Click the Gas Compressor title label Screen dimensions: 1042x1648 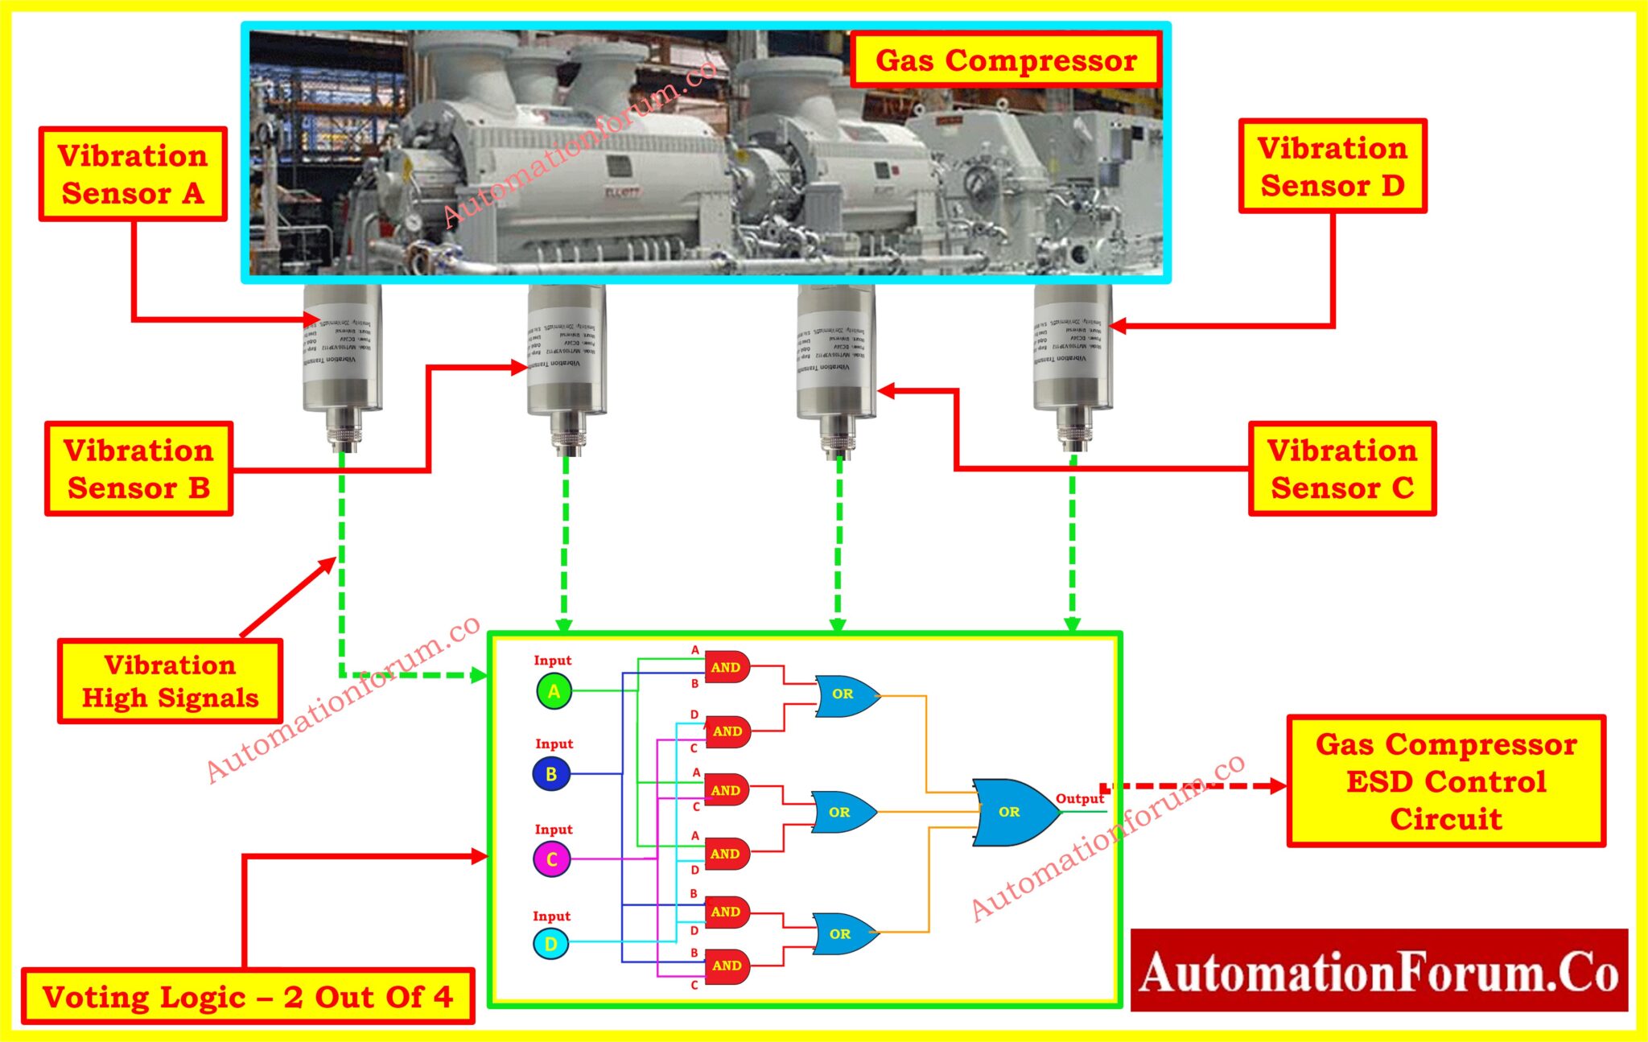[x=1005, y=60]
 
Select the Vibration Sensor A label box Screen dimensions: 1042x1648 [x=133, y=174]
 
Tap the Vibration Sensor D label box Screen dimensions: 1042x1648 [x=1333, y=167]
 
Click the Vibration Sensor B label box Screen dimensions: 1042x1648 [x=138, y=468]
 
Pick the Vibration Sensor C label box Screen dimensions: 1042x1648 [x=1342, y=468]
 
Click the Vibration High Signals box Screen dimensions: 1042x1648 [x=170, y=682]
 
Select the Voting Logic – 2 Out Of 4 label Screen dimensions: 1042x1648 [x=248, y=996]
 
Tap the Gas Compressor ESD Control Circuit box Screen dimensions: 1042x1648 [x=1446, y=781]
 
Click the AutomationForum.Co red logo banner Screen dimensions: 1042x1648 [x=1378, y=970]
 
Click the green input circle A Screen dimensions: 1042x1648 [x=554, y=691]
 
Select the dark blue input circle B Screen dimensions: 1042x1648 [x=551, y=774]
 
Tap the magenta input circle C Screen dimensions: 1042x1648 [x=552, y=859]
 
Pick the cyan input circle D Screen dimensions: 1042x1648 [x=551, y=944]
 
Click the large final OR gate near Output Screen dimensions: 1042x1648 [x=1012, y=812]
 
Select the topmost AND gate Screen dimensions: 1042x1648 [x=727, y=667]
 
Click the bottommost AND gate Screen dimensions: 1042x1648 [x=727, y=966]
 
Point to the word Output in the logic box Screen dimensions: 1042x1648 [x=1079, y=798]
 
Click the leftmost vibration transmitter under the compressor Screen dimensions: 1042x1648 [x=342, y=354]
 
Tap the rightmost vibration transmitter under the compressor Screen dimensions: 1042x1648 [x=1073, y=354]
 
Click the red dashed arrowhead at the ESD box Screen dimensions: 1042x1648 [x=1278, y=785]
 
